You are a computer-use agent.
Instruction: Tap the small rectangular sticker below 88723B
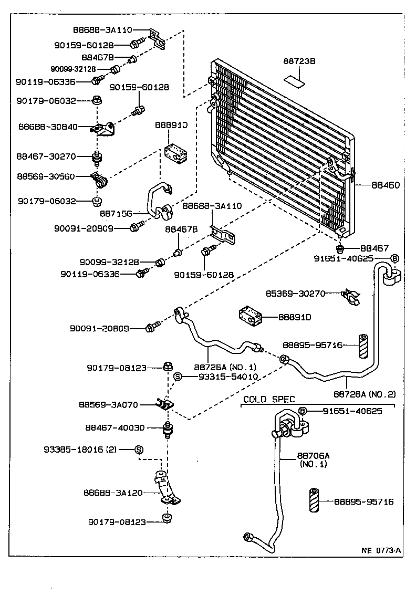tap(294, 80)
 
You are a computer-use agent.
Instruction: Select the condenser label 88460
tap(386, 185)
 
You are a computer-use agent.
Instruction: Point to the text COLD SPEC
tap(269, 400)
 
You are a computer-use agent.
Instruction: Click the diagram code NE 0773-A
tap(381, 551)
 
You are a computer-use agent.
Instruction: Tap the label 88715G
tap(116, 214)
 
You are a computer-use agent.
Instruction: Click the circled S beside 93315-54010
tap(178, 377)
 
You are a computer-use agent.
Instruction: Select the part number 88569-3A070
tap(108, 405)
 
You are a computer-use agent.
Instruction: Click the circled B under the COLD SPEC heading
tap(303, 411)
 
